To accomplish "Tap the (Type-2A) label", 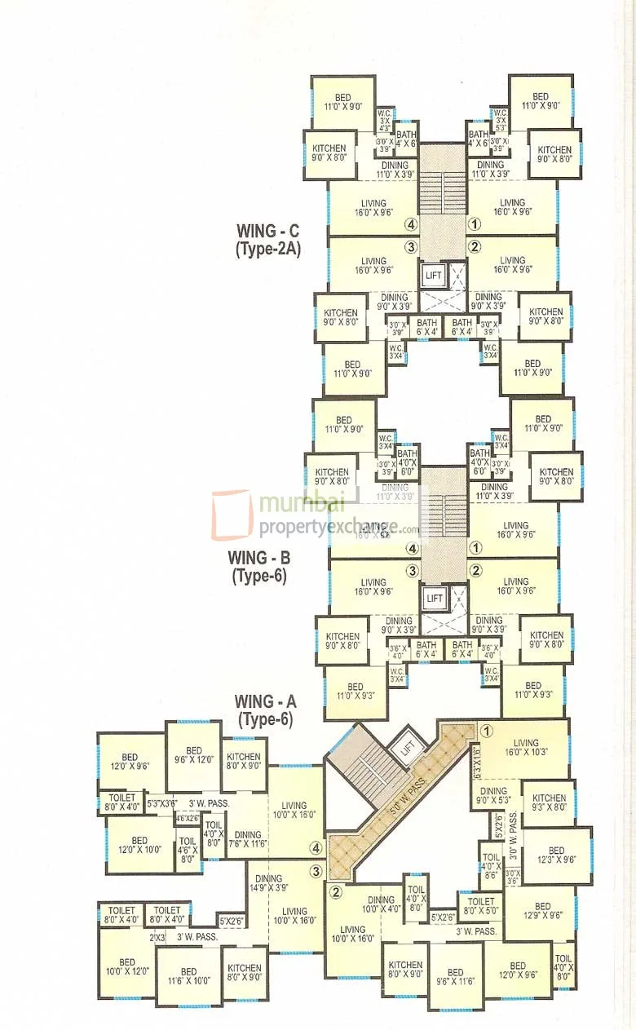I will [x=267, y=250].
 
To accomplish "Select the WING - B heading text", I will [x=259, y=559].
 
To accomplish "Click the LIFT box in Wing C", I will [x=433, y=275].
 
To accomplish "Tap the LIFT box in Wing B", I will [x=435, y=598].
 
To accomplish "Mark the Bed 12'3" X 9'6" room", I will [x=556, y=855].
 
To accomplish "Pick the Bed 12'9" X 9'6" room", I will [x=543, y=911].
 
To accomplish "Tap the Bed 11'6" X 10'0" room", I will [x=188, y=976].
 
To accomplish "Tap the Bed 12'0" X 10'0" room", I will [x=139, y=846].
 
